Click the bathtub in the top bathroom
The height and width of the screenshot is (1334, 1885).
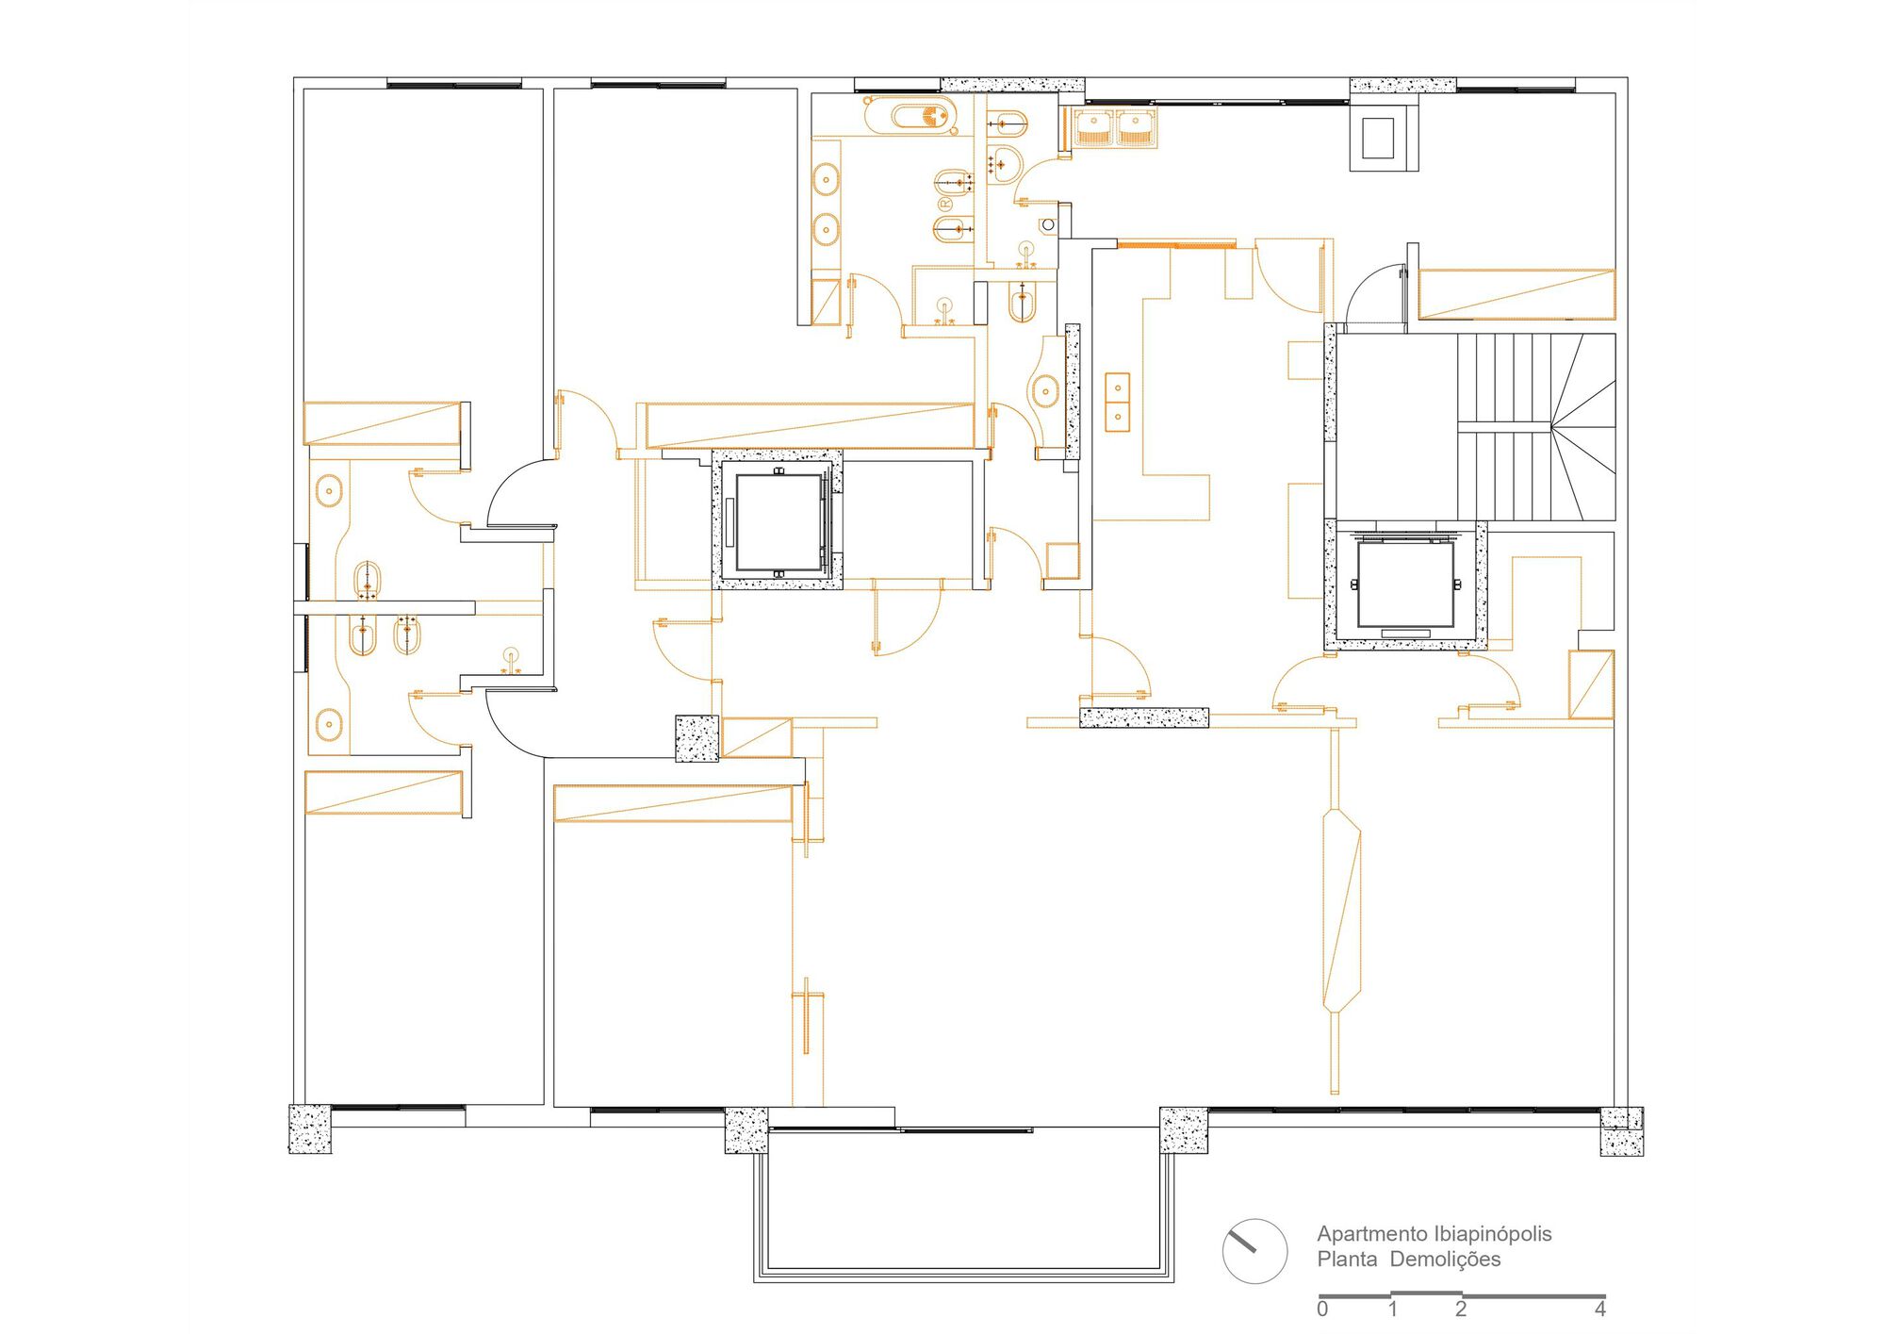[x=911, y=116]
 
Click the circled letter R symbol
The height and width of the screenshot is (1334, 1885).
[x=944, y=204]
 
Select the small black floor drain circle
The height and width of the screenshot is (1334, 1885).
[x=1047, y=225]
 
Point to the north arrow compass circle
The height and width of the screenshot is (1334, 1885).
[x=1254, y=1251]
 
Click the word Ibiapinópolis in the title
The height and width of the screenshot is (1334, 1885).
[x=1493, y=1234]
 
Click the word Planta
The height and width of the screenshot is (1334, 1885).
[x=1347, y=1260]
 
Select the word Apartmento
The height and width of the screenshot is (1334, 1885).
[x=1372, y=1234]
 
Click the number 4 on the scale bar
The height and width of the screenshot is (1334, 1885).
[x=1599, y=1309]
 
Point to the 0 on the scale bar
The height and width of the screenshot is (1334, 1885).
[x=1322, y=1309]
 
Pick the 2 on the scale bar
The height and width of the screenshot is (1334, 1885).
[x=1461, y=1309]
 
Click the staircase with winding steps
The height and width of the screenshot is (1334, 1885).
[x=1536, y=426]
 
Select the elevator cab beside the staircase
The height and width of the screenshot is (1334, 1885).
[x=1405, y=585]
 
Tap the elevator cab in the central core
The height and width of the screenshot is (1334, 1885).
[x=778, y=522]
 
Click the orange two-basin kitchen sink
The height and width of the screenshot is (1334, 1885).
[x=1117, y=402]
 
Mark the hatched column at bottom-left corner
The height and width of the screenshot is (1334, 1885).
[x=310, y=1128]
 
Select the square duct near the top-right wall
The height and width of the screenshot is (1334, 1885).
[x=1384, y=138]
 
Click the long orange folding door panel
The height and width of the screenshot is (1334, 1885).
[x=1342, y=910]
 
